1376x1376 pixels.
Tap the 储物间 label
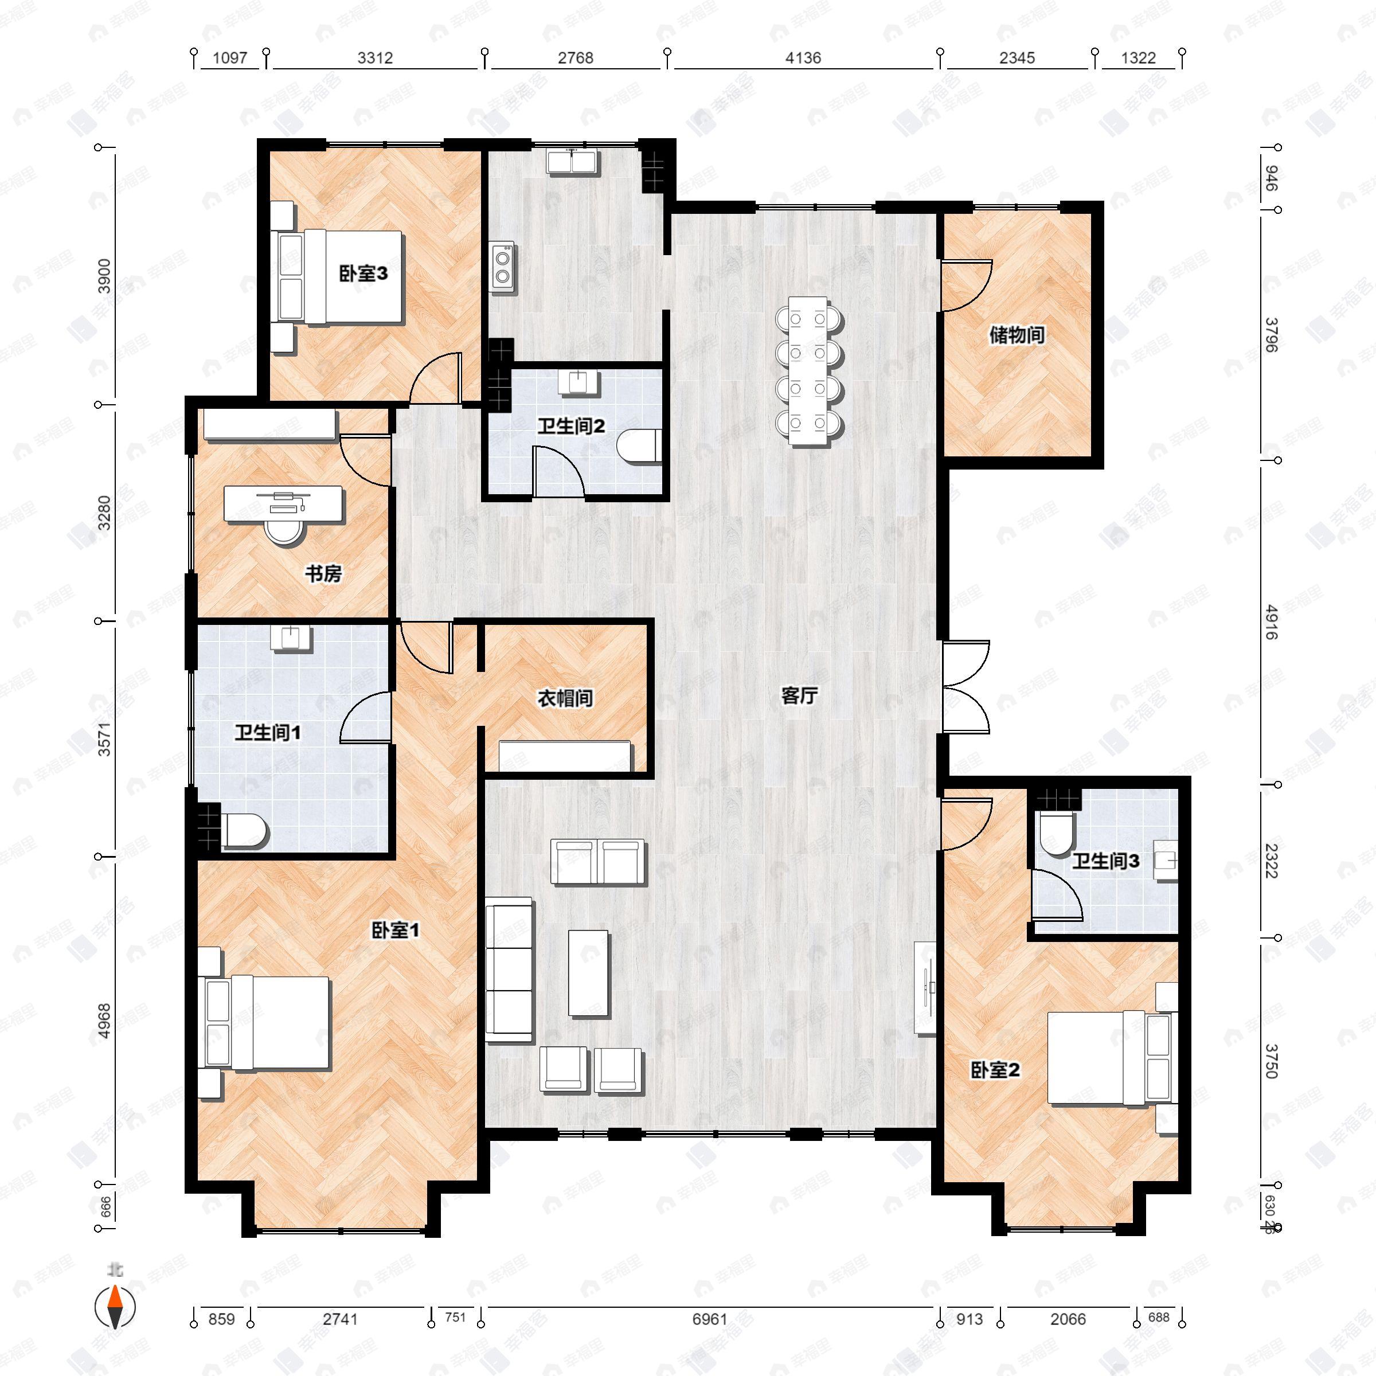(1017, 335)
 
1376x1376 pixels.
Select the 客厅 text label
(799, 696)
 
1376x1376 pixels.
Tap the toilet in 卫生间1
(244, 830)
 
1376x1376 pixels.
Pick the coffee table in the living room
(588, 972)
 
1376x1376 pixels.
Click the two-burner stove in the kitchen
(503, 267)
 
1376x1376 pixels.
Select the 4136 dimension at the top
(803, 58)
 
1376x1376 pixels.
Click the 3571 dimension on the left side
(105, 738)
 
